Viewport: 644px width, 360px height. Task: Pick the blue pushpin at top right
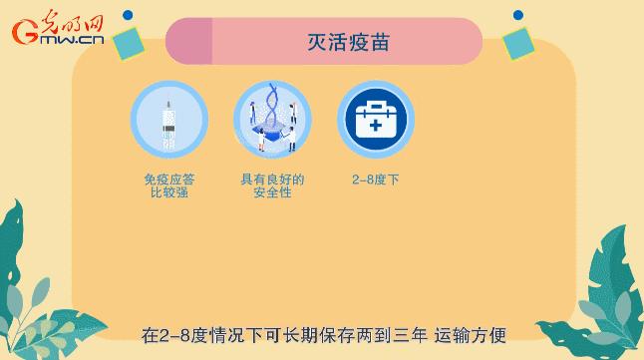tap(518, 15)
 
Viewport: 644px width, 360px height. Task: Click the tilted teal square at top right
tap(518, 43)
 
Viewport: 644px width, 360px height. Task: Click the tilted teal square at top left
tap(128, 41)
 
